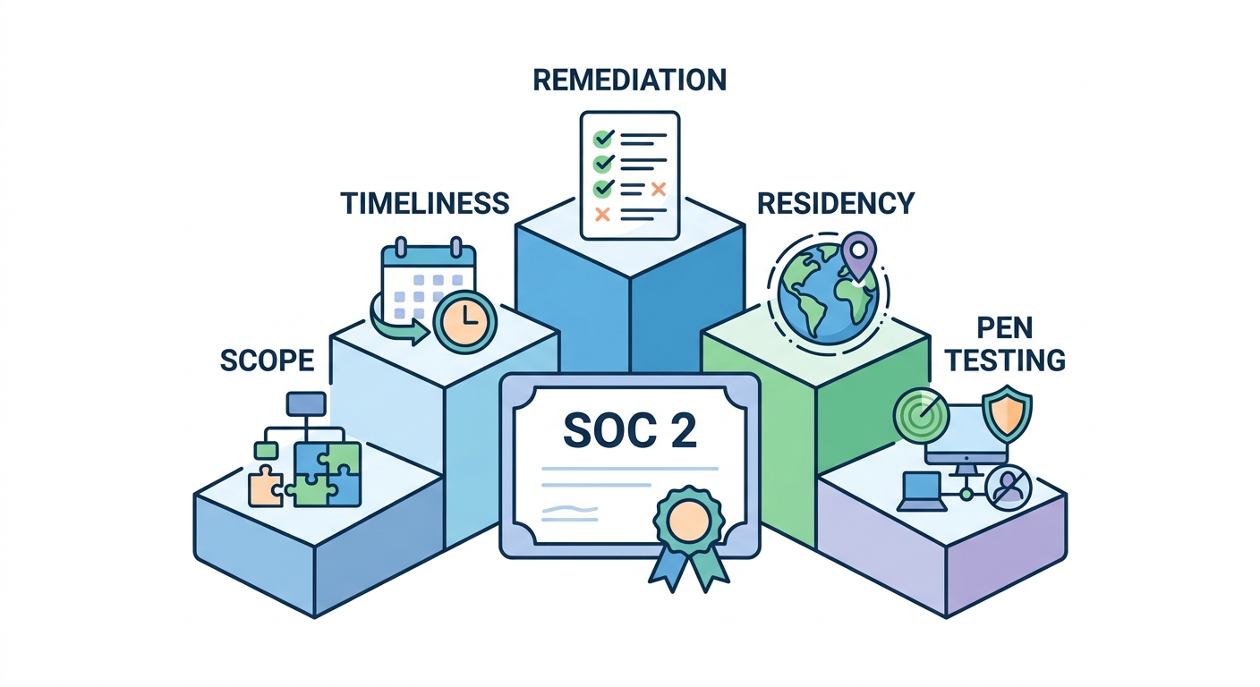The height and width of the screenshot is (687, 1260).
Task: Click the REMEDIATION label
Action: click(x=629, y=80)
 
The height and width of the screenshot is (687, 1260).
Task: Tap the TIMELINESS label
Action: click(x=424, y=203)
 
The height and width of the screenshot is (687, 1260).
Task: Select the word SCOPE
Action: click(x=267, y=360)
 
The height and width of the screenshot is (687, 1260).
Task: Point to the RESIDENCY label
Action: click(x=836, y=203)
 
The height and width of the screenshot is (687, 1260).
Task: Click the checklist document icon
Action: click(x=629, y=175)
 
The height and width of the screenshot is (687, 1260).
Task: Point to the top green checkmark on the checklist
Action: click(x=604, y=139)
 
